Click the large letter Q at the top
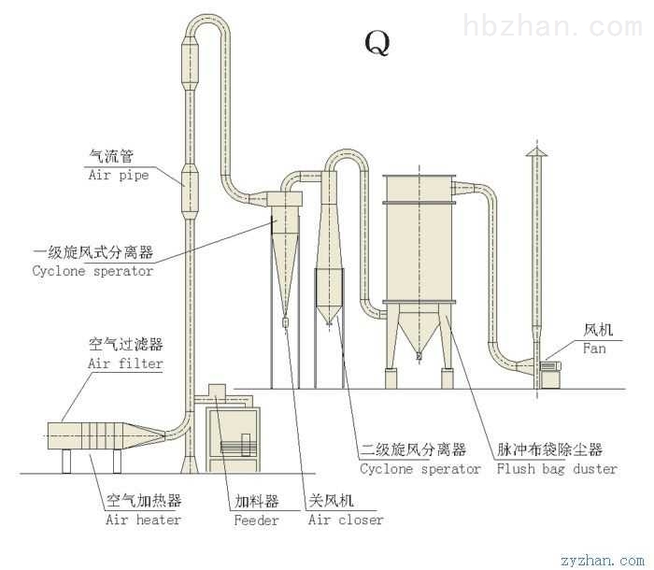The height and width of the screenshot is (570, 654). (x=377, y=43)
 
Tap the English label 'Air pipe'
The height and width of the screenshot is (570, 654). (x=119, y=175)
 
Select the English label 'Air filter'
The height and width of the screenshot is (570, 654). (x=125, y=363)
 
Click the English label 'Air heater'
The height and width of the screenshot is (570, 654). (x=143, y=520)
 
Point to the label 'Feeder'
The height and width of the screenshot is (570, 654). (x=256, y=520)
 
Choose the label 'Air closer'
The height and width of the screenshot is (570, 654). (x=346, y=520)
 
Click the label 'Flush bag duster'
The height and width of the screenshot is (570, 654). (x=557, y=469)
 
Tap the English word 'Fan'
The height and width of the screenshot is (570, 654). (x=594, y=348)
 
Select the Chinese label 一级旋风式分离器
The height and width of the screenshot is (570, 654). (x=93, y=252)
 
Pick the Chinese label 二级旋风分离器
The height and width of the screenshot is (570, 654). (x=413, y=449)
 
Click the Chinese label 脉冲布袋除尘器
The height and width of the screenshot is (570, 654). (x=549, y=449)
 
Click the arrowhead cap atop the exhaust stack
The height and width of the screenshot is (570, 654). (x=536, y=152)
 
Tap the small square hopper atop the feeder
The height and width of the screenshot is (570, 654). (x=217, y=392)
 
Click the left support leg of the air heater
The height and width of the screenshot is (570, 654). (x=66, y=461)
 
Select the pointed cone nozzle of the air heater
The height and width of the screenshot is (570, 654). (x=144, y=435)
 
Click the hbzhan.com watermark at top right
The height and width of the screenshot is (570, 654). (x=553, y=26)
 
